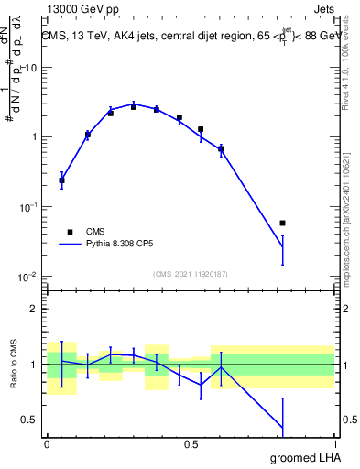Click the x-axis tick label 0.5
(191, 442)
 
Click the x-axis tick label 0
(47, 442)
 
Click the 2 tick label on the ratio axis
(34, 309)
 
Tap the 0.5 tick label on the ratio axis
(30, 420)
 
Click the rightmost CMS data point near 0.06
(282, 223)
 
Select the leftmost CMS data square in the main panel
(61, 180)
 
